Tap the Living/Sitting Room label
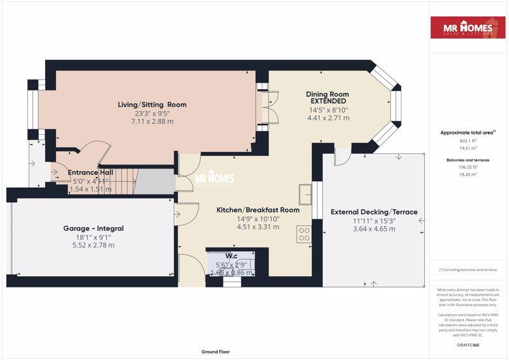pos(152,104)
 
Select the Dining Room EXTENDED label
pos(328,97)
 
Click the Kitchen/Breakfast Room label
pos(258,210)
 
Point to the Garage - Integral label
pos(93,228)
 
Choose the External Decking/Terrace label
pos(374,212)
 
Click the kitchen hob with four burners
pos(304,233)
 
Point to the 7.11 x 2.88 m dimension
pos(152,121)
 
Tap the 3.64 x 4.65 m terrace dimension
pos(374,228)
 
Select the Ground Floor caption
pos(215,351)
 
